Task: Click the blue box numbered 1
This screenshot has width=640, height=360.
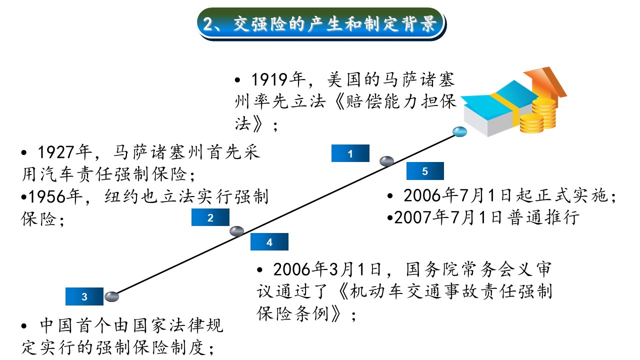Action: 350,153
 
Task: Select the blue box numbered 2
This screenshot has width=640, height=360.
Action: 210,217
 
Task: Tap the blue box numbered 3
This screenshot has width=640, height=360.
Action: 84,296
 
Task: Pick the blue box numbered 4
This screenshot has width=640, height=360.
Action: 269,241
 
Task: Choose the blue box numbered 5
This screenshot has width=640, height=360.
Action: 425,171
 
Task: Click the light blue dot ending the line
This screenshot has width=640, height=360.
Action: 459,131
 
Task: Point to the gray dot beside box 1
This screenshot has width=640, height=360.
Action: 386,161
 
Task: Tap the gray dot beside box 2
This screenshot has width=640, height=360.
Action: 237,231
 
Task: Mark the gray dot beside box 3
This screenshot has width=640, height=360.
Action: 111,296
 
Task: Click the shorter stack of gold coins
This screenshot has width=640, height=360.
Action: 531,123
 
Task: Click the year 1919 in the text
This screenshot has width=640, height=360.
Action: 269,79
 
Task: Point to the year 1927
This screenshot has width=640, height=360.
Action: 55,152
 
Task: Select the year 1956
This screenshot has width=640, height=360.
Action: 46,196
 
